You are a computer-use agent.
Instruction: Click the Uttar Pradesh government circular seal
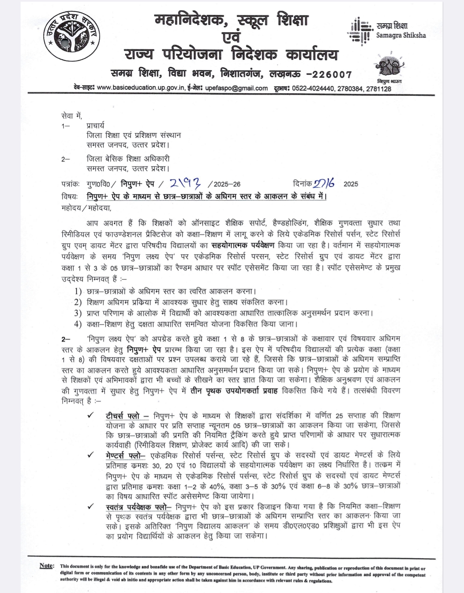72,37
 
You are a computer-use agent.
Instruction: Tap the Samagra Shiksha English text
401,36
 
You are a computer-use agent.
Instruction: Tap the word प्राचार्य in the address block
95,126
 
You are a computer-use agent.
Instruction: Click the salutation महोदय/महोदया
86,208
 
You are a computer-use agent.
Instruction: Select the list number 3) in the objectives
78,313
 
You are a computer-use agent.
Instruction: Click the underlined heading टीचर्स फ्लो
123,416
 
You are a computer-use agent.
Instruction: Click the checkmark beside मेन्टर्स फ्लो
90,455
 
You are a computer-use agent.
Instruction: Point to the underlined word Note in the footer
46,566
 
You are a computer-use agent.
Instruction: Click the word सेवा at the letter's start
68,116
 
